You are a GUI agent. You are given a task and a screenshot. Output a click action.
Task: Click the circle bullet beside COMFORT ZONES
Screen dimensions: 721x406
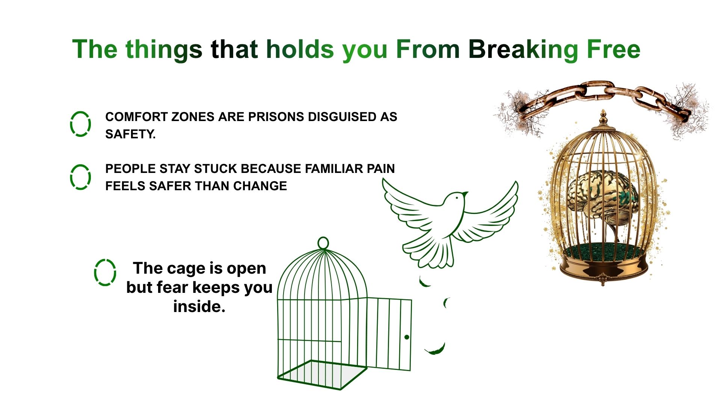(80, 124)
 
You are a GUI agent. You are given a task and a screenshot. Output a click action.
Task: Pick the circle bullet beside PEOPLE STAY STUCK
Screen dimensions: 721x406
(80, 177)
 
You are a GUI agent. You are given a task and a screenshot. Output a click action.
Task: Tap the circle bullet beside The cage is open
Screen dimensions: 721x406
(105, 272)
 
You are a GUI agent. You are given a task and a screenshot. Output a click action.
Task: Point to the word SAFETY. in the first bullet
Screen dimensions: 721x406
(130, 134)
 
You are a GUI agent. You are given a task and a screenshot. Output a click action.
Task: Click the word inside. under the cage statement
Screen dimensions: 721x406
(199, 307)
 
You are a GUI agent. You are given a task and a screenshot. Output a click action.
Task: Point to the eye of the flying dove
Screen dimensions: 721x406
(457, 198)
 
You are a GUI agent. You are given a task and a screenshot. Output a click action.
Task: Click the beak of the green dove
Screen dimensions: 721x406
(465, 194)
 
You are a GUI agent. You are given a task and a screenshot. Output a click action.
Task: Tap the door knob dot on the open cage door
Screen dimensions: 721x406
(407, 337)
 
